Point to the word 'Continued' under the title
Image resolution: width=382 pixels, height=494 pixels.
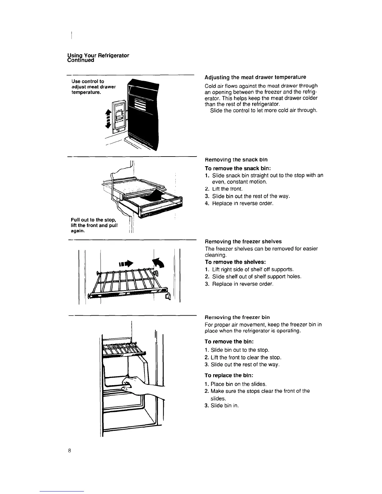pos(81,60)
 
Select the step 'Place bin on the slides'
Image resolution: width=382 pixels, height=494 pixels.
pos(238,384)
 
